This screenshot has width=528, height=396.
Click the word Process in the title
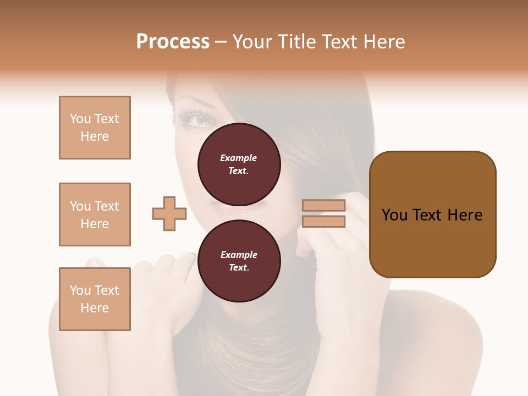click(173, 42)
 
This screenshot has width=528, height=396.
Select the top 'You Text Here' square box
click(95, 128)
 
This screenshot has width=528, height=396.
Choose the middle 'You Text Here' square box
click(95, 215)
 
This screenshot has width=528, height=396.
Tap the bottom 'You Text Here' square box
click(95, 299)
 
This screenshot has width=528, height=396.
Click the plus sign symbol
click(169, 214)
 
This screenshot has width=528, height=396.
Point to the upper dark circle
click(239, 164)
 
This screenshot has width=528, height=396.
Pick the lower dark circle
click(239, 261)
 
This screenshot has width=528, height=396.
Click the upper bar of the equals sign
click(324, 206)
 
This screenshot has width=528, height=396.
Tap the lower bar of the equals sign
click(324, 222)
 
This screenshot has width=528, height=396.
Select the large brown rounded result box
click(432, 215)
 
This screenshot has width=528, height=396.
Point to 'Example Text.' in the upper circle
click(239, 164)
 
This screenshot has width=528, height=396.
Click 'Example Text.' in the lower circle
click(239, 261)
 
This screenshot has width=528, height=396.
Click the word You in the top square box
click(79, 119)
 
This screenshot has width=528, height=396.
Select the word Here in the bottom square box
click(95, 308)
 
